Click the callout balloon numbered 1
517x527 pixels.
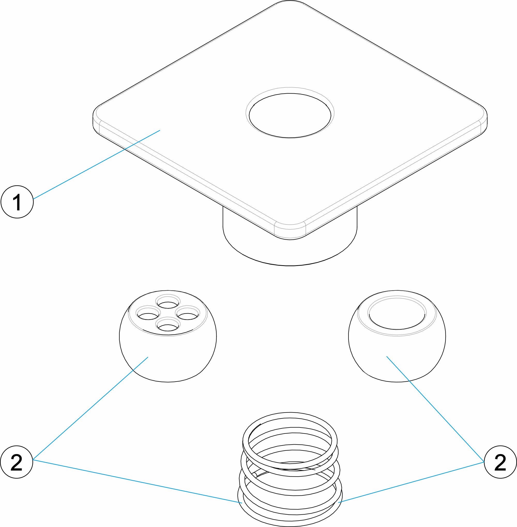click(17, 202)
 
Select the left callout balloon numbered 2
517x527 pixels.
click(17, 462)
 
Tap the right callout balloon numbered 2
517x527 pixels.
click(500, 462)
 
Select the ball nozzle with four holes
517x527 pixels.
click(168, 336)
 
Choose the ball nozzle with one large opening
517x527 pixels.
click(397, 336)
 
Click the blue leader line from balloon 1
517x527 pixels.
click(97, 165)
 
